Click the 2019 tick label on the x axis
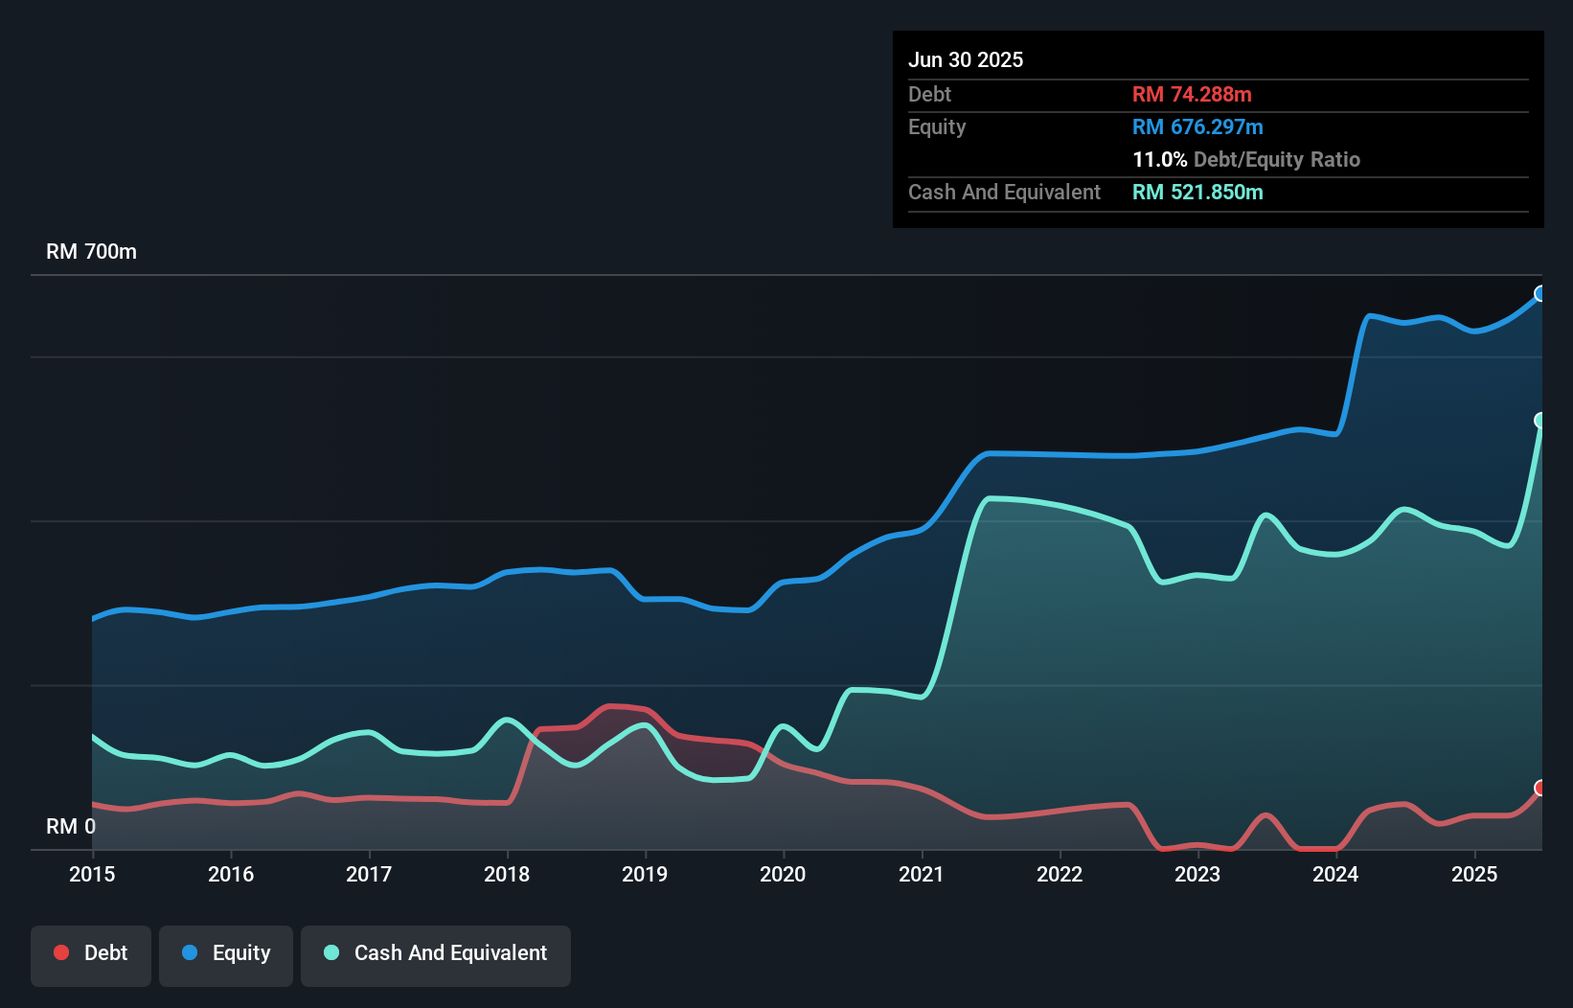tap(645, 874)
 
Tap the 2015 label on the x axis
tap(92, 874)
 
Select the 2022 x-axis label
tap(1060, 874)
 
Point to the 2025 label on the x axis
tap(1474, 874)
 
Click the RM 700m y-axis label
tap(91, 252)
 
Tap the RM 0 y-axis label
tap(71, 826)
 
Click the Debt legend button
tap(91, 953)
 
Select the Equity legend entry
tap(226, 953)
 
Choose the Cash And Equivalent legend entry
tap(436, 953)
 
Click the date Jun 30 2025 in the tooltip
tap(966, 59)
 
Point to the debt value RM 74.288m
tap(1192, 94)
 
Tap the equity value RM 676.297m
tap(1197, 126)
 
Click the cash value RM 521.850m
tap(1197, 192)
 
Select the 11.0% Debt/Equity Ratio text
tap(1245, 159)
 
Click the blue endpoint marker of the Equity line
tap(1540, 293)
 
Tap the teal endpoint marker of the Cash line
tap(1540, 421)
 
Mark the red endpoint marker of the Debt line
tap(1540, 788)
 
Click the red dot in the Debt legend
tap(61, 952)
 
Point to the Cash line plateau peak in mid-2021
tap(992, 498)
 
